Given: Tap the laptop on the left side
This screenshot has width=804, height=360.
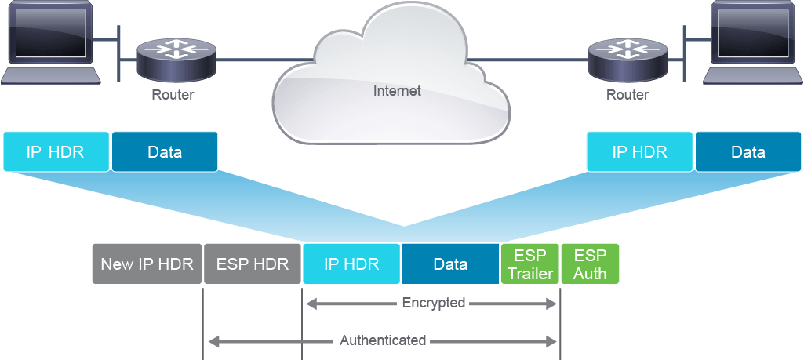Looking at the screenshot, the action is pyautogui.click(x=50, y=42).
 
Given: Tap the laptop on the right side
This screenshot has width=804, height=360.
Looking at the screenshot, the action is pyautogui.click(x=753, y=42).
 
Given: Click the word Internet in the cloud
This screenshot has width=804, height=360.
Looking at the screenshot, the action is pyautogui.click(x=397, y=91).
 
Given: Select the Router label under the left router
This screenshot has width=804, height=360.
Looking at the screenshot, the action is pyautogui.click(x=173, y=95).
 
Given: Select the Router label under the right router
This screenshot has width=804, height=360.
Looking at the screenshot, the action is pyautogui.click(x=627, y=95).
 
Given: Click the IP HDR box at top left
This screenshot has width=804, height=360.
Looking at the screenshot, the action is pyautogui.click(x=56, y=151).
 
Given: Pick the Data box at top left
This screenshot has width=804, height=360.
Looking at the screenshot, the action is pyautogui.click(x=165, y=151).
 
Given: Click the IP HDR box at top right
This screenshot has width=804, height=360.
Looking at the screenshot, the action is pyautogui.click(x=639, y=151).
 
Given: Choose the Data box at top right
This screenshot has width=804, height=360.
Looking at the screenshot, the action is pyautogui.click(x=748, y=151).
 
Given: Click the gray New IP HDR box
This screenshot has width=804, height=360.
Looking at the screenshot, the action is pyautogui.click(x=147, y=264).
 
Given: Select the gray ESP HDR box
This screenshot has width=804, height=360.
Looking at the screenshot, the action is pyautogui.click(x=253, y=264).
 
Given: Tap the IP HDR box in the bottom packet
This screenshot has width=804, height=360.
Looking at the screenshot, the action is pyautogui.click(x=351, y=264).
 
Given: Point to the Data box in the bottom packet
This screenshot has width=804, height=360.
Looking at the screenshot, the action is pyautogui.click(x=450, y=264).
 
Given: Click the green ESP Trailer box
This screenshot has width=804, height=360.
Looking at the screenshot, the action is pyautogui.click(x=530, y=264).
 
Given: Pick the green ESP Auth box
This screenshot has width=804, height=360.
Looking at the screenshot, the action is pyautogui.click(x=590, y=264).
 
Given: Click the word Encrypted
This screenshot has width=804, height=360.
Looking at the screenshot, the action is pyautogui.click(x=434, y=303).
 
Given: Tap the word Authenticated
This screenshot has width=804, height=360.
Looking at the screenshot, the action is pyautogui.click(x=383, y=340).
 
